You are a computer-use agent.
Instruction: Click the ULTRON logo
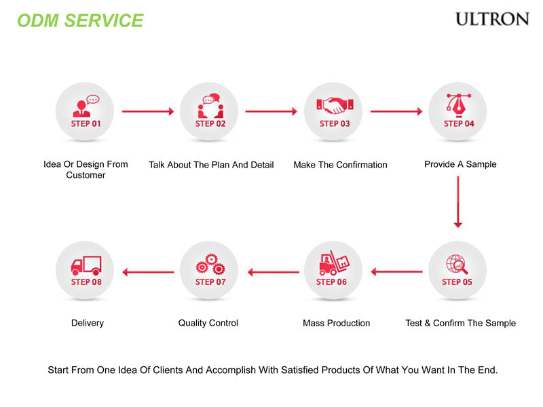tap(492, 18)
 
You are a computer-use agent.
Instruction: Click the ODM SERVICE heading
tap(80, 21)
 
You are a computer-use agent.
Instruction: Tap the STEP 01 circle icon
tap(86, 111)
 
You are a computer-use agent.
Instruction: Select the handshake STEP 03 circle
tap(334, 111)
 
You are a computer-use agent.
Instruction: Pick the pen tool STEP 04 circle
tap(458, 111)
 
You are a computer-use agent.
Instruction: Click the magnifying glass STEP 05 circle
tap(457, 271)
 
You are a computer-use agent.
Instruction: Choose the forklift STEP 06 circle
tap(333, 271)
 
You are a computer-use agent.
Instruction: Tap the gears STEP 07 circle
tap(209, 271)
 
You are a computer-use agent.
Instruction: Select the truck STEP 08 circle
tap(85, 271)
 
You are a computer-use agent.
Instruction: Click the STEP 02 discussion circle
tap(209, 111)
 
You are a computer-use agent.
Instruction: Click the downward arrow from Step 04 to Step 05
tap(458, 201)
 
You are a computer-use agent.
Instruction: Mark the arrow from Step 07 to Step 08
tap(147, 272)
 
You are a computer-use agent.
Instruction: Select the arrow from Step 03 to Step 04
tap(396, 111)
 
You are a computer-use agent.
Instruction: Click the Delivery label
tap(88, 323)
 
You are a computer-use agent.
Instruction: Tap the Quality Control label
tap(208, 323)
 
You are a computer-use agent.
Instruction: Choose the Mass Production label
tap(336, 324)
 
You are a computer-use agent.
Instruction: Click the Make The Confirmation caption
tap(340, 165)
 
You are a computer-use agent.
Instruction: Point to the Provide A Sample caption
tap(460, 164)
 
